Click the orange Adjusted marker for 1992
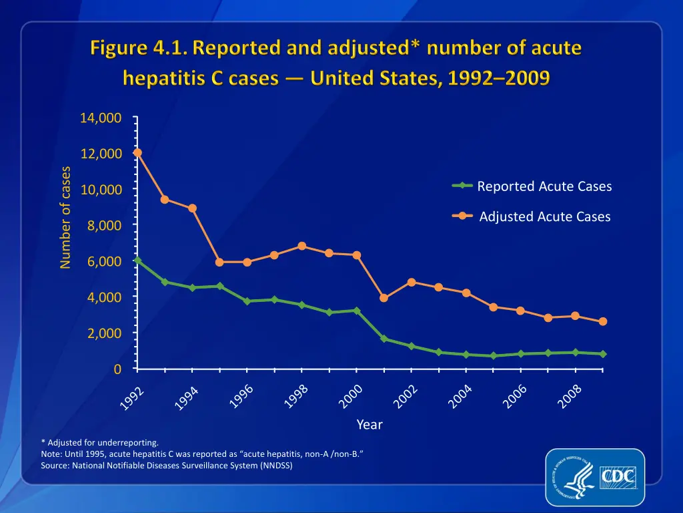(137, 152)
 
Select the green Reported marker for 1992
(137, 261)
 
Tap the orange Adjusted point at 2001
(384, 298)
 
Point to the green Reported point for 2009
(602, 354)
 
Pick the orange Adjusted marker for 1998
(301, 246)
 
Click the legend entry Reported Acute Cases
(544, 186)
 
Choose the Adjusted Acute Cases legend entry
(544, 216)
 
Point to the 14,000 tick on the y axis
(100, 118)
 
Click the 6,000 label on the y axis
(104, 261)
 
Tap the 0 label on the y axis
(117, 369)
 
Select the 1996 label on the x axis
(241, 395)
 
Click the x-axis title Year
(370, 424)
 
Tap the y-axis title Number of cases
(65, 217)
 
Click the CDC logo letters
(618, 478)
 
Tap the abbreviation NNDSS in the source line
(275, 466)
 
